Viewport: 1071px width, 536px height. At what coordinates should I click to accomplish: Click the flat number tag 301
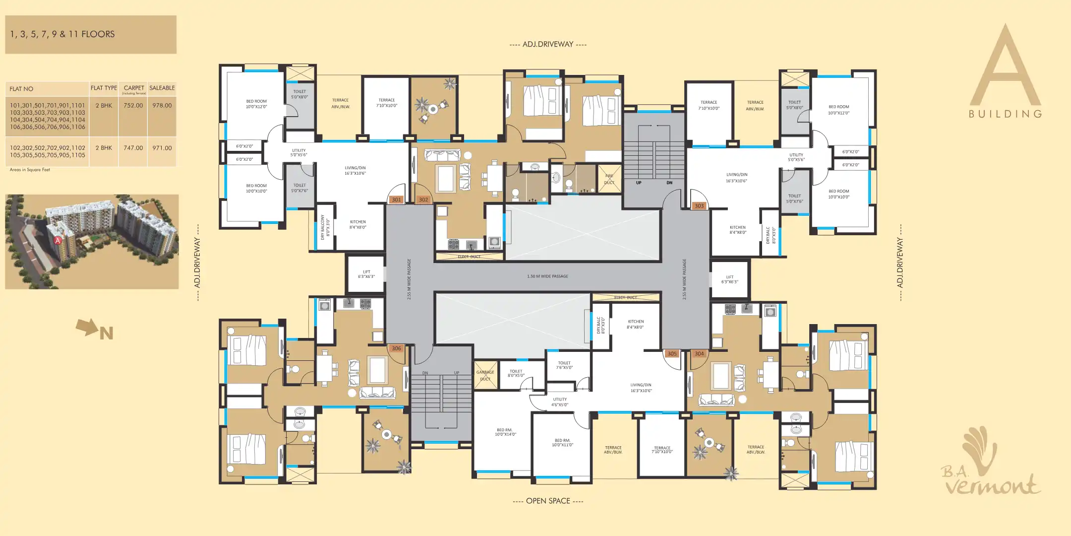tap(396, 200)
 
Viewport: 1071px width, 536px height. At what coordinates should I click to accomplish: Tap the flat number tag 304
tap(699, 354)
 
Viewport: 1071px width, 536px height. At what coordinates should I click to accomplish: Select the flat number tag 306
tap(396, 348)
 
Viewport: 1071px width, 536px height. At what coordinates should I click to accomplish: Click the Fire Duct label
tap(609, 179)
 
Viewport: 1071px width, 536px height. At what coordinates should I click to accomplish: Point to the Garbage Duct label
tap(485, 376)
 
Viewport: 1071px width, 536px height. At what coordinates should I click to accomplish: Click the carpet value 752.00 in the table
tap(133, 106)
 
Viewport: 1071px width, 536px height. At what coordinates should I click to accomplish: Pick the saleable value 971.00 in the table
tap(162, 148)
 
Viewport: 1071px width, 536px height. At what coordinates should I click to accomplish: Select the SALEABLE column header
tap(162, 88)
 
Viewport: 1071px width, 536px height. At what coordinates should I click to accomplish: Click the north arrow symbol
tap(87, 327)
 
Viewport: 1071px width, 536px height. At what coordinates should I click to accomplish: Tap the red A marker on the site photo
tap(58, 241)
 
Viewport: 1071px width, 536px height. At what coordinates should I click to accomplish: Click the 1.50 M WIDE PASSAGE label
tap(547, 276)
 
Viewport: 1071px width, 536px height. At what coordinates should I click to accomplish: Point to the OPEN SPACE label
tap(548, 501)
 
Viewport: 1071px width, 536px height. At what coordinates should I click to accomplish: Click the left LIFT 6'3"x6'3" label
tap(366, 274)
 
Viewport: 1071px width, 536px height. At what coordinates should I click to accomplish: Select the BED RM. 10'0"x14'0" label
tap(505, 432)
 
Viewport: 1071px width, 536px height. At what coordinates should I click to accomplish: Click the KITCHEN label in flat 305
tap(636, 324)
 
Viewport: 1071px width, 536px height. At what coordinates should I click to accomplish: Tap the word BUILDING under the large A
tap(1005, 114)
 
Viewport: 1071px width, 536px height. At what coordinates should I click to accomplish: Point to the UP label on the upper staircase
tap(639, 183)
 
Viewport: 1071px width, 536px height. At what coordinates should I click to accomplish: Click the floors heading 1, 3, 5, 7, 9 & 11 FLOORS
tap(62, 34)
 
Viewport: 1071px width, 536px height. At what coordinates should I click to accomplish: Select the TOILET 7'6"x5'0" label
tap(564, 365)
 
